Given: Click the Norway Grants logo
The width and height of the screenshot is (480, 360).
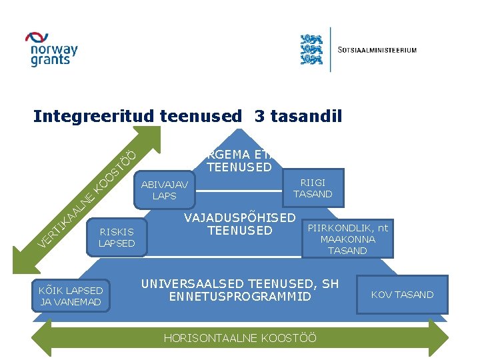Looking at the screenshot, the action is click(51, 49).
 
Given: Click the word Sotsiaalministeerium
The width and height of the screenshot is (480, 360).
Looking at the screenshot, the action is click(377, 50).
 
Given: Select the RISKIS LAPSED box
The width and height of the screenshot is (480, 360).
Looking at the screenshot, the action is click(117, 237).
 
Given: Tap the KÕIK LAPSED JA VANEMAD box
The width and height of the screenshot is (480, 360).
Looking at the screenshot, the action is click(71, 296).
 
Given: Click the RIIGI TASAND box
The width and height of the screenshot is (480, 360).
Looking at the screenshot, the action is click(313, 188).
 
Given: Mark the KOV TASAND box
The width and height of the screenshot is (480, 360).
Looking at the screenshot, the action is click(402, 295).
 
